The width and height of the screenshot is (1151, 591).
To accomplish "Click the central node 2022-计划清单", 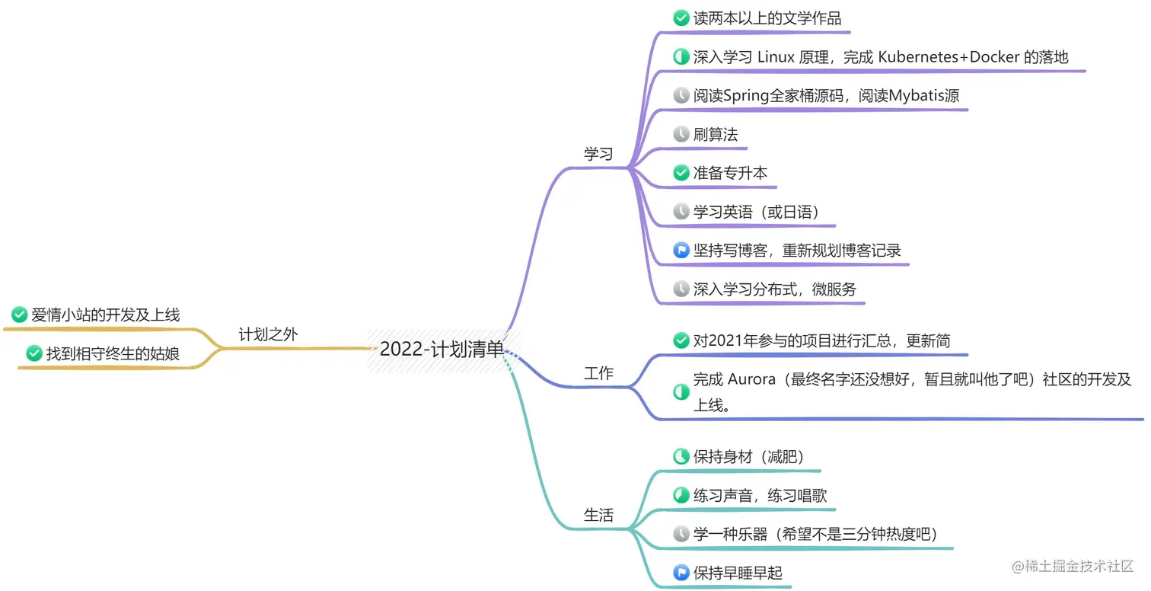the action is click(442, 350).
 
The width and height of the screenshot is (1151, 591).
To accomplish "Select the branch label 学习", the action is click(598, 154).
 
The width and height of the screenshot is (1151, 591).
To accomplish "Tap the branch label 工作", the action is click(598, 373).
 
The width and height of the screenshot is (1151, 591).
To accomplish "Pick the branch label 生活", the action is click(598, 515).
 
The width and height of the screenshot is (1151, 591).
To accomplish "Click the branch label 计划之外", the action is click(268, 334).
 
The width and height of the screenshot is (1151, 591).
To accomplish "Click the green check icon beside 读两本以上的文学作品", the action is click(681, 18).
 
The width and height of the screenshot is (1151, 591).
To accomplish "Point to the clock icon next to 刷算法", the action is click(681, 135).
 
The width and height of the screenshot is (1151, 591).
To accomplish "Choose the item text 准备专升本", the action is click(730, 173).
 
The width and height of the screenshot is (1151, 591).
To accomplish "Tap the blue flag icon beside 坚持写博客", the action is click(681, 251).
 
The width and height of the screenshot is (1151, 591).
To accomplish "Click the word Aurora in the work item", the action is click(751, 379).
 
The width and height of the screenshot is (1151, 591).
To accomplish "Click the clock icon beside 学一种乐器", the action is click(681, 535).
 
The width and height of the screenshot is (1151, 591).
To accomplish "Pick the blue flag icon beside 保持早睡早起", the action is click(681, 573).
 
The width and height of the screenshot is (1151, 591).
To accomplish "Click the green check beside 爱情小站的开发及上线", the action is click(20, 315).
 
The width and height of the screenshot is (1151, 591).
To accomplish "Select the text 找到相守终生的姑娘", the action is click(113, 353).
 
